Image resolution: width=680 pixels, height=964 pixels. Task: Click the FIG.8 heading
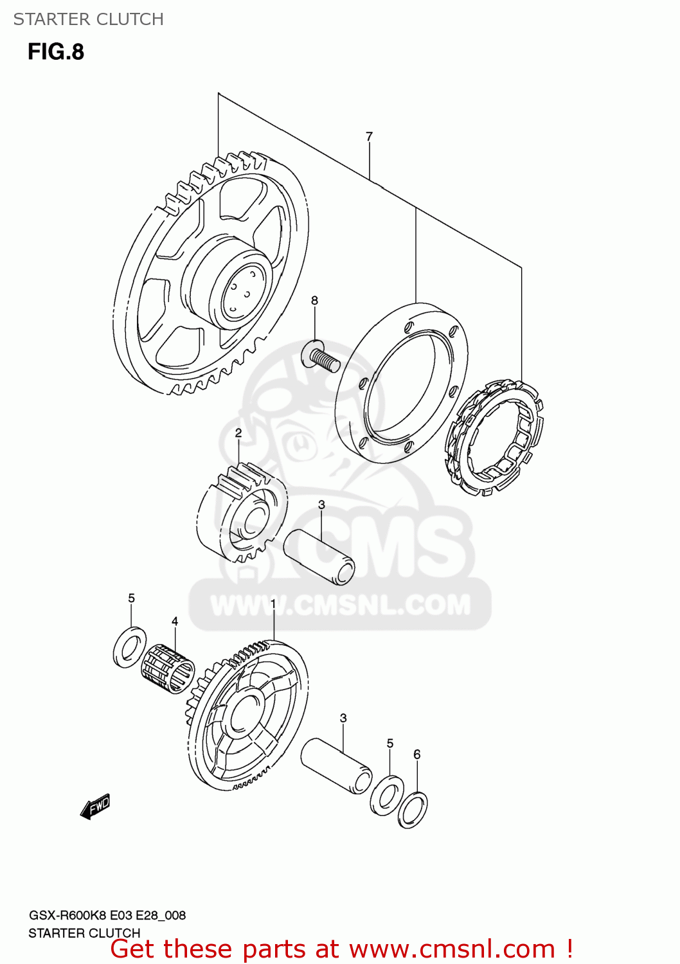tap(56, 52)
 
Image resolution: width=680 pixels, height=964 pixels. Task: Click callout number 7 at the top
tap(369, 136)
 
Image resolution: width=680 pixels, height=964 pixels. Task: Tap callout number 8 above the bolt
tap(314, 300)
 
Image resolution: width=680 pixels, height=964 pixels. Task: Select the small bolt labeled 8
tap(321, 357)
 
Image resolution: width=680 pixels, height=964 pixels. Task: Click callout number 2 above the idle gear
tap(238, 433)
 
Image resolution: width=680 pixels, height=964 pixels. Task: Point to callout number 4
tap(175, 621)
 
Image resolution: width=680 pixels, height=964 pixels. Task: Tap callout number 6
tap(417, 754)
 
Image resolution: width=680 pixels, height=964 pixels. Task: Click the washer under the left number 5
tap(129, 647)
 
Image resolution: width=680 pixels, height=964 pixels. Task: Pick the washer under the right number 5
tap(387, 795)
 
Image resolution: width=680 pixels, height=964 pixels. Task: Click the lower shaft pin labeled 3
tap(336, 766)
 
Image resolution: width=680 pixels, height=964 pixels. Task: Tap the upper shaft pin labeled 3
tap(319, 557)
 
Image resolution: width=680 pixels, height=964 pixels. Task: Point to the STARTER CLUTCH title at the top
tap(89, 19)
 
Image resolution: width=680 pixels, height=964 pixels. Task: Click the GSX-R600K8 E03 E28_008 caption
tap(107, 915)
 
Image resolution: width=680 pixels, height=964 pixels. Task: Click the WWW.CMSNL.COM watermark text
tap(341, 605)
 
